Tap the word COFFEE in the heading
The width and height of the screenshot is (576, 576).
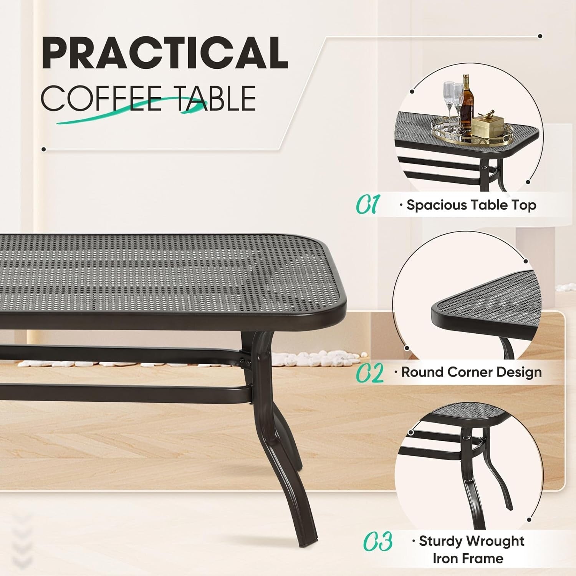(101, 98)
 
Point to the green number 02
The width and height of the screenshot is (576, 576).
(369, 373)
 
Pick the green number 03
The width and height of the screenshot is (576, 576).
(377, 541)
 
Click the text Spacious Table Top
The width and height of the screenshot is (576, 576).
(471, 205)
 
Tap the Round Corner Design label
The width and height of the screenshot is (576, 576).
(471, 372)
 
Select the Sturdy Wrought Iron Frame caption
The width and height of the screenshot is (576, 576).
(471, 550)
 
